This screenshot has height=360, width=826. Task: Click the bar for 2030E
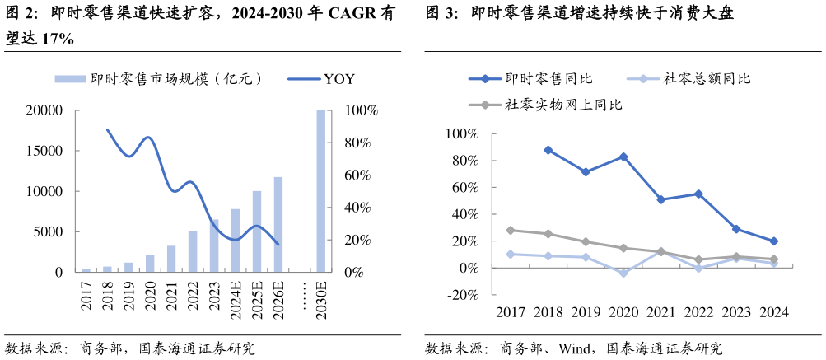click(320, 191)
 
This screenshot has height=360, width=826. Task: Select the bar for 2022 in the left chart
click(193, 251)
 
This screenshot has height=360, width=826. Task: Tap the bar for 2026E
click(278, 224)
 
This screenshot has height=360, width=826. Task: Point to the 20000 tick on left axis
click(46, 110)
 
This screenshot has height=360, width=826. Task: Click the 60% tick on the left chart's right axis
click(361, 175)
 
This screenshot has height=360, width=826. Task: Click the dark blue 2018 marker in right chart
click(548, 150)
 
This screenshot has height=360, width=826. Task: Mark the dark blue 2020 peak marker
click(623, 157)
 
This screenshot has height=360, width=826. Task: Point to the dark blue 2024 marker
click(773, 241)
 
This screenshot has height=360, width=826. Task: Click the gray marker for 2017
click(511, 231)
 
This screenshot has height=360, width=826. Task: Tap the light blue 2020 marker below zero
click(623, 273)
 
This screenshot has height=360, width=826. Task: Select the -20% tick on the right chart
click(461, 295)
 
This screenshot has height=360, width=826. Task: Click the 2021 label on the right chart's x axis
click(660, 312)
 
